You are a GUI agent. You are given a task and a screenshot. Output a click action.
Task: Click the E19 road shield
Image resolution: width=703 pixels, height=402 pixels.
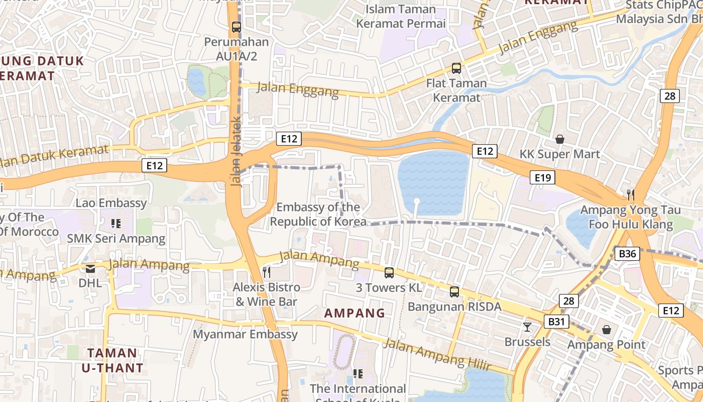point(543,177)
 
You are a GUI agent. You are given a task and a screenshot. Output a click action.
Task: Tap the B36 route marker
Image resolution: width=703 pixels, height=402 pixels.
point(627,254)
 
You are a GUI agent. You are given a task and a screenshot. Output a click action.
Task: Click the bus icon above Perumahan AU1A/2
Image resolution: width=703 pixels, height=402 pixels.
point(236,27)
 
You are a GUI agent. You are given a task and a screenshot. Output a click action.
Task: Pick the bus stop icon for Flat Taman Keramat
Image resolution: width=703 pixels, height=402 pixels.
point(456,68)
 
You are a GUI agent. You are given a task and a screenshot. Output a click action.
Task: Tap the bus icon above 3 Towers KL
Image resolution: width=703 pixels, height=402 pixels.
point(389,273)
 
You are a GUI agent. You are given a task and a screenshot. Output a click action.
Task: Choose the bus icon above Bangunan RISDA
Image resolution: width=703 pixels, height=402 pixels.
point(454,291)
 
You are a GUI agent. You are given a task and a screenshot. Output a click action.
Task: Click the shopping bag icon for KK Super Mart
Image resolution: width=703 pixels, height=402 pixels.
point(559,139)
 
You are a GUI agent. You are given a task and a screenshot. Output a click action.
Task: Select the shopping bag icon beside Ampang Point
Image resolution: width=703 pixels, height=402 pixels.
point(607,330)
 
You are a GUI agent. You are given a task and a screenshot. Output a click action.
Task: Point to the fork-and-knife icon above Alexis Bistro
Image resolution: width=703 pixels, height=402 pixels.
point(267,272)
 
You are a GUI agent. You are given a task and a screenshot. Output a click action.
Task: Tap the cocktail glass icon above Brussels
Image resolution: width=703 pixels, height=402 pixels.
point(527,327)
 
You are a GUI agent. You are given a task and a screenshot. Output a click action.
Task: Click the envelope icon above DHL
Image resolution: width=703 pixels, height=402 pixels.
point(90,269)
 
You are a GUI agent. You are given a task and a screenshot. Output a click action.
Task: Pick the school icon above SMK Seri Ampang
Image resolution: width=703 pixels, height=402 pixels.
point(116,223)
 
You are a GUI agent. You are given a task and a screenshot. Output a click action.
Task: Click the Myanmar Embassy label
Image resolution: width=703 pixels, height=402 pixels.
point(246,334)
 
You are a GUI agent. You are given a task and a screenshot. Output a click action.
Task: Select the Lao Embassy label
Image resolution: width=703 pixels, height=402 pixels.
point(111,203)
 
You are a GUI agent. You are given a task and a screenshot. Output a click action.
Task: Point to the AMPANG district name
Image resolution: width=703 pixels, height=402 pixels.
point(355,313)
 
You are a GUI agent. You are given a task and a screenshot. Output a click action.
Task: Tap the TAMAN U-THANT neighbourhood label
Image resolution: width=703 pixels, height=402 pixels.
point(112,360)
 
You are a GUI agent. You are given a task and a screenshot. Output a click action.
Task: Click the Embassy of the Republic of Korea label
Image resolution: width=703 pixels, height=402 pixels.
point(318,214)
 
